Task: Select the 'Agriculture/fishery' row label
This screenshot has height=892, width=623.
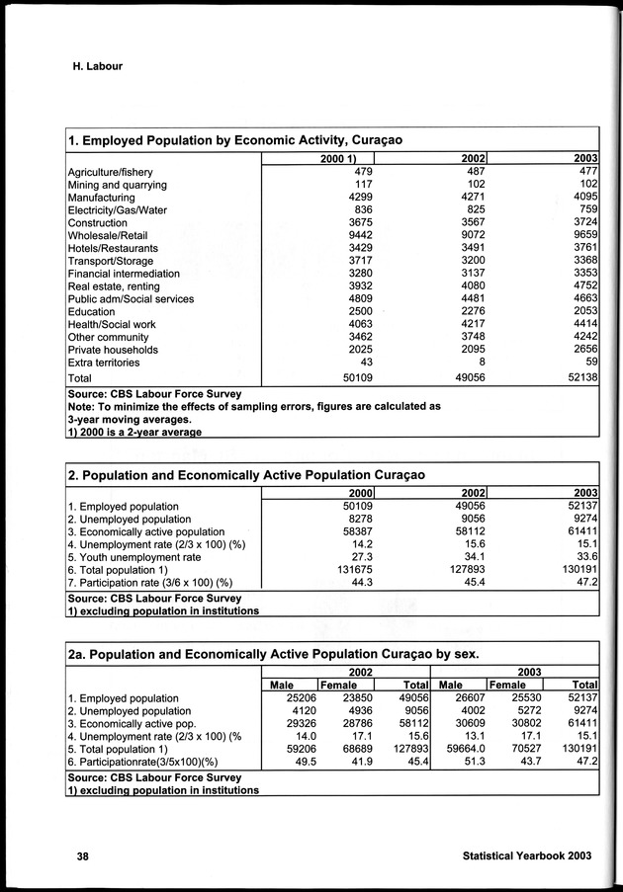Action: pyautogui.click(x=110, y=172)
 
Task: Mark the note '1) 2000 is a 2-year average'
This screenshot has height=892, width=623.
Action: pyautogui.click(x=134, y=431)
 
